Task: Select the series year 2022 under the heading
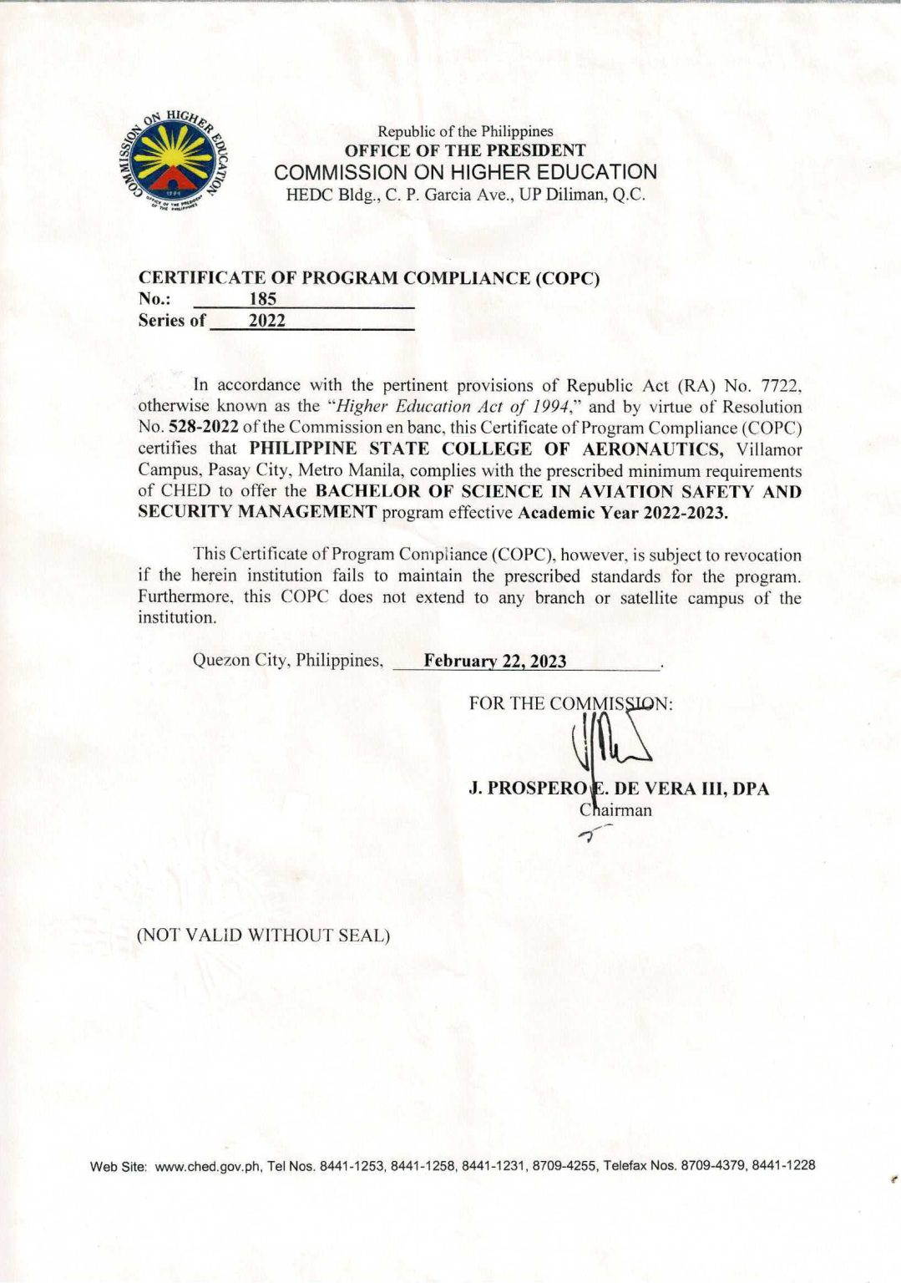tap(267, 321)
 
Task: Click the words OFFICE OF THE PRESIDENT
tap(465, 151)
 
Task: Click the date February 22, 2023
tap(494, 662)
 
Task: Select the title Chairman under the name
tap(616, 810)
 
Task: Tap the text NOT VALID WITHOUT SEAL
tap(263, 936)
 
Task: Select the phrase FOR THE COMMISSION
tap(570, 703)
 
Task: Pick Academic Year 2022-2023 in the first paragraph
tap(623, 513)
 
